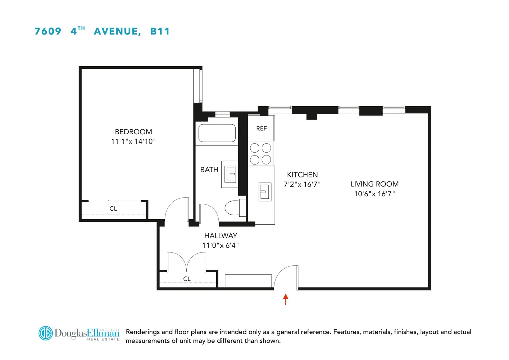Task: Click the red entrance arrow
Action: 286,299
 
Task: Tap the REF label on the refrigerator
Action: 262,129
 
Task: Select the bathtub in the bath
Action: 217,133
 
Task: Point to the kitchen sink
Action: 265,192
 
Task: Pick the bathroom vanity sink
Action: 230,174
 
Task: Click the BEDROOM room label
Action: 133,132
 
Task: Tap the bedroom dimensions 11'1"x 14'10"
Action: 133,141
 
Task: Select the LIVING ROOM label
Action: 374,184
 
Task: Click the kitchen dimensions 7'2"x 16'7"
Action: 302,184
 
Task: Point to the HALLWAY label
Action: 221,236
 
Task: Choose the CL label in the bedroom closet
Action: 113,209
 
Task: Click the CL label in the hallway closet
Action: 187,279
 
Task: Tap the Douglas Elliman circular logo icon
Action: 46,333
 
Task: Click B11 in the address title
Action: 160,31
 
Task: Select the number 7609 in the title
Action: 48,31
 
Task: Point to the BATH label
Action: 209,170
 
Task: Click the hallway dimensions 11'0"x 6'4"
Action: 221,246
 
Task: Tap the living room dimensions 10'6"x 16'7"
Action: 374,194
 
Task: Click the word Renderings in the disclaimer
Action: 143,332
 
